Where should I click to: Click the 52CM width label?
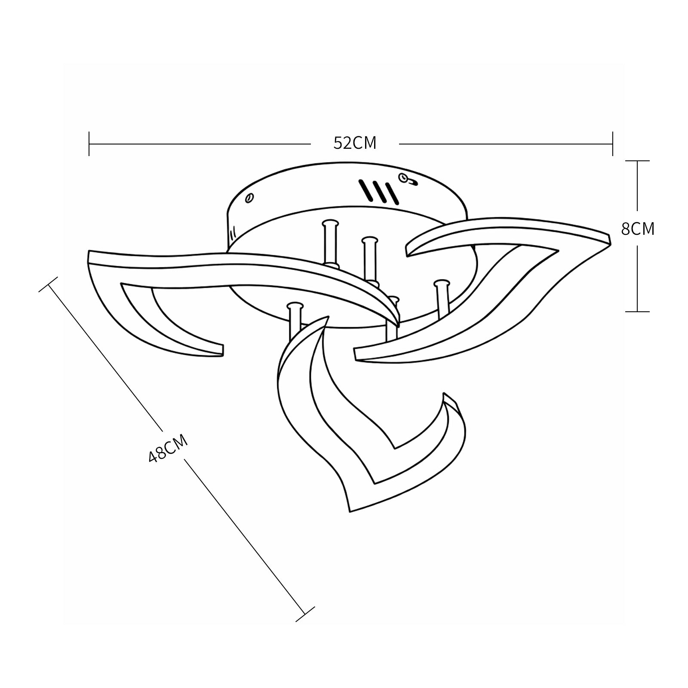[x=355, y=143]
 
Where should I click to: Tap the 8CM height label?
[x=638, y=229]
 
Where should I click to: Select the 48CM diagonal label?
[x=168, y=448]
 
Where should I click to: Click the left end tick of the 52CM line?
[x=89, y=144]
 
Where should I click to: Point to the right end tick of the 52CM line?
[x=612, y=144]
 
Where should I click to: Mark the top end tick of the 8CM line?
[x=637, y=161]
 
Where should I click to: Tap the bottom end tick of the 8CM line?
[x=637, y=311]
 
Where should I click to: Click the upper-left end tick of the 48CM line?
[x=48, y=284]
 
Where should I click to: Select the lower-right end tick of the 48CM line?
[x=305, y=614]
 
